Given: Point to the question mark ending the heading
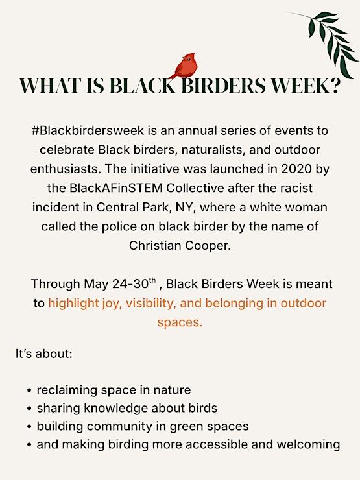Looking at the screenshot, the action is click(x=334, y=86).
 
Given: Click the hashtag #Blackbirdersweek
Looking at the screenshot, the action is click(x=88, y=131).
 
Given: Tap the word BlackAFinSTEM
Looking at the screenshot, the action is click(x=115, y=187).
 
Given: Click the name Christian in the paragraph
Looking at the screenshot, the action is click(x=152, y=245).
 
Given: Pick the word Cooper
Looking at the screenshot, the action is click(x=204, y=246).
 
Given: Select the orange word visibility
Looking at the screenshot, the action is click(x=149, y=303).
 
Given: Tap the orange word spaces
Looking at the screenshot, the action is click(x=180, y=322).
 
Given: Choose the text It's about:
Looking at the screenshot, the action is click(x=43, y=354).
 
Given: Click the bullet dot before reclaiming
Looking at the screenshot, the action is click(x=29, y=390).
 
